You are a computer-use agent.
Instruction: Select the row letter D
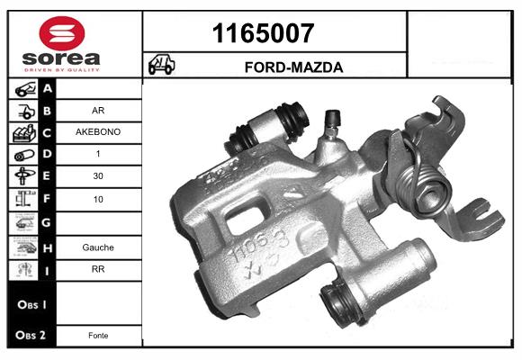tap(48, 155)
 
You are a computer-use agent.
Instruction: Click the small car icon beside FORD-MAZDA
tap(162, 66)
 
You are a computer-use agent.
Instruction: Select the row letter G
tap(48, 222)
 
